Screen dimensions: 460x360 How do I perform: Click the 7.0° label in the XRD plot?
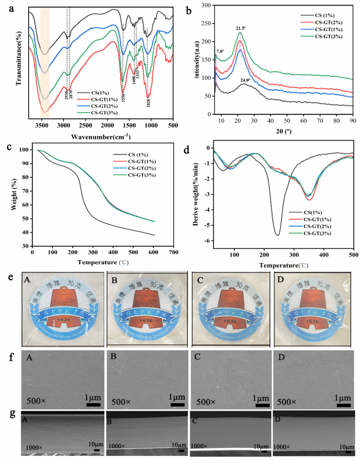tap(220, 51)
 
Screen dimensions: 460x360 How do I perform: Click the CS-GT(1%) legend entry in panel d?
tap(317, 219)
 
